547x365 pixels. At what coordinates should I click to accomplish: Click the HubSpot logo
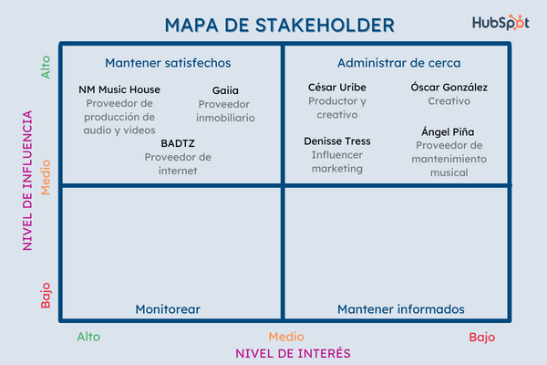pos(501,24)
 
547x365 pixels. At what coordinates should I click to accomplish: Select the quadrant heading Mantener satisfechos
pos(168,63)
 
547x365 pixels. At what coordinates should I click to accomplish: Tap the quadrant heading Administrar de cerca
pos(398,63)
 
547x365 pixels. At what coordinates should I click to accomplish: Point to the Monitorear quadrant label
pos(168,309)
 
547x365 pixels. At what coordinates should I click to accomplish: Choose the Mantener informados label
pos(401,309)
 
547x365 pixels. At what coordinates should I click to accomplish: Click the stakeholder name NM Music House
pos(119,89)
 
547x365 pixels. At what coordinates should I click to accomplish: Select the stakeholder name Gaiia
pos(225,90)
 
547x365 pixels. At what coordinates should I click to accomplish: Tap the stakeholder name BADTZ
pos(178,143)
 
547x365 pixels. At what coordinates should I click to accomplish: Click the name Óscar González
pos(449,88)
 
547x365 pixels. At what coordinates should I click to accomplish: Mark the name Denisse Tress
pos(337,141)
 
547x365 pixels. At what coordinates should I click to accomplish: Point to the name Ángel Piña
pos(448,132)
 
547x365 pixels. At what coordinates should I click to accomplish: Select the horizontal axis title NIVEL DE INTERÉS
pos(293,353)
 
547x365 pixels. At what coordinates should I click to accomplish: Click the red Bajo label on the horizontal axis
pos(482,337)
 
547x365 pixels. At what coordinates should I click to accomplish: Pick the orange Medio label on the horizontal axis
pos(286,337)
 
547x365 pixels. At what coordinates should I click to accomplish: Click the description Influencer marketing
pos(337,162)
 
